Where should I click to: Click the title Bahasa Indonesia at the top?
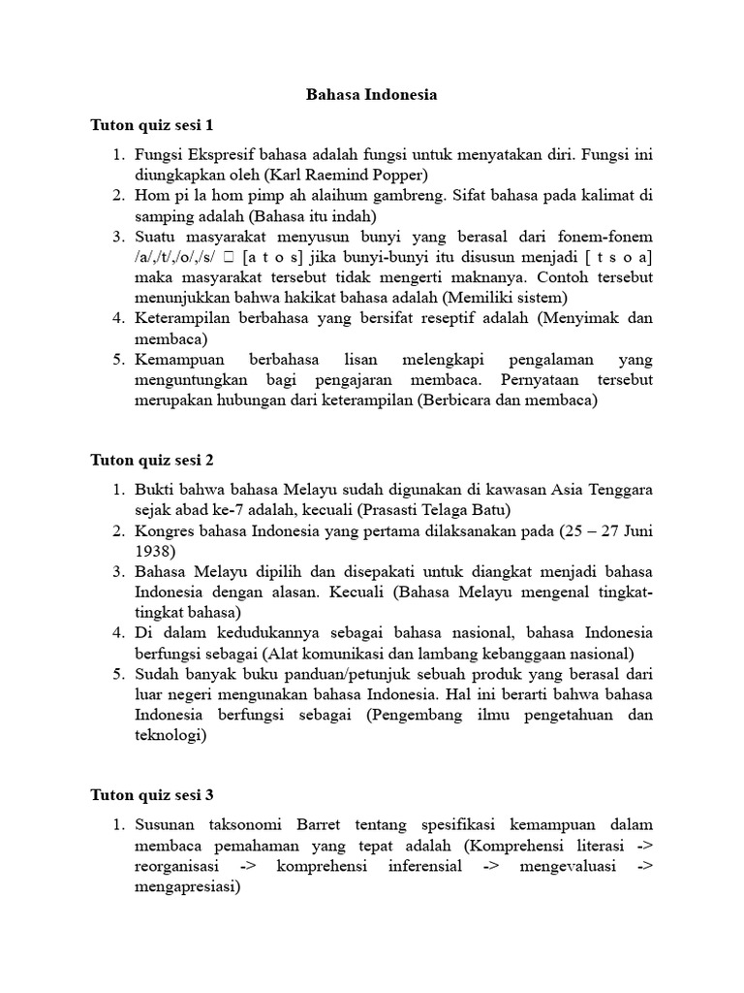[x=372, y=95]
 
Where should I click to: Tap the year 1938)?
[x=158, y=551]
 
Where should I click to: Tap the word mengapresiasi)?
[x=187, y=886]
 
